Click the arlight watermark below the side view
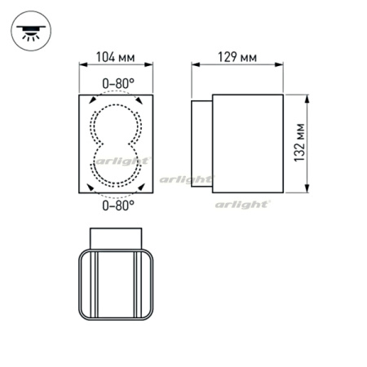[x=243, y=206]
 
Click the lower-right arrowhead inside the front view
[x=144, y=187]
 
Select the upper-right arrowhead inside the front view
[x=144, y=101]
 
